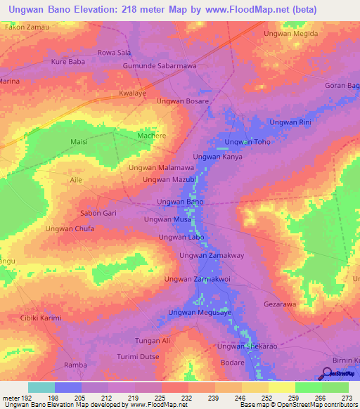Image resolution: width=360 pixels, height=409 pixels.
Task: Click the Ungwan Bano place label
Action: click(x=180, y=202)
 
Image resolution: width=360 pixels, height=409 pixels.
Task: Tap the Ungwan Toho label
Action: click(x=247, y=142)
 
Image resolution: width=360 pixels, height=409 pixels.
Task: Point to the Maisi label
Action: click(x=79, y=141)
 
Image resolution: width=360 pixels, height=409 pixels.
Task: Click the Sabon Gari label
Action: click(x=98, y=213)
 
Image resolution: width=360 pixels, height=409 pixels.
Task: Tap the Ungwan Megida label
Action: click(x=290, y=33)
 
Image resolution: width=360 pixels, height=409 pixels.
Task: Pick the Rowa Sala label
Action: click(x=114, y=52)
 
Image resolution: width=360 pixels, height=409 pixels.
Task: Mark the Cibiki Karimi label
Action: click(x=41, y=318)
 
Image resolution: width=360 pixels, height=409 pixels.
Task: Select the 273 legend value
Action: click(x=345, y=397)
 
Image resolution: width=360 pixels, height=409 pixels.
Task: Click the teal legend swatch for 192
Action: click(x=41, y=387)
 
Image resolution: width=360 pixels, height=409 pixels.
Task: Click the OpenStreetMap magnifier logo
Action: click(x=327, y=373)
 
